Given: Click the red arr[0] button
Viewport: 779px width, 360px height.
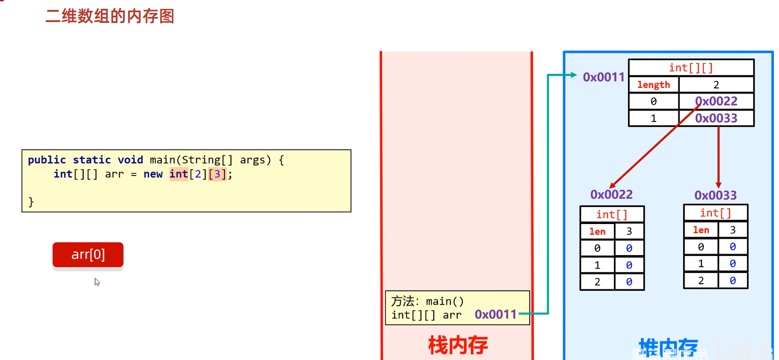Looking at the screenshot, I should (88, 255).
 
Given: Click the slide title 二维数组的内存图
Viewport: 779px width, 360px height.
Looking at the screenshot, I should (110, 16).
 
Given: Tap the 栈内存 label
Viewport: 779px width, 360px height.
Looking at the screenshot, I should (457, 345).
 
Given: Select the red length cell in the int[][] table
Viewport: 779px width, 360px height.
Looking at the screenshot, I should (653, 85).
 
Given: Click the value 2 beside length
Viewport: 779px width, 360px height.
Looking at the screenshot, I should (716, 85).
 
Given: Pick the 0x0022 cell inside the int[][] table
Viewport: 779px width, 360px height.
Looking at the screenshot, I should (716, 101).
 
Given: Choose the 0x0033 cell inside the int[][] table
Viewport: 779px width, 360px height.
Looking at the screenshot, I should (716, 118).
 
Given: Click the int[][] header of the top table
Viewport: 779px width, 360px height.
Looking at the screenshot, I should (691, 68).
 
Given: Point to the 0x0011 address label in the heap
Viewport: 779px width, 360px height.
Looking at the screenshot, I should (604, 77).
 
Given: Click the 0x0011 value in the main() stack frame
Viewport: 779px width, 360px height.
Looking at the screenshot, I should (495, 314).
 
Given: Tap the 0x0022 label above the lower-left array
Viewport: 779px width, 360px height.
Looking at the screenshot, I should (611, 194).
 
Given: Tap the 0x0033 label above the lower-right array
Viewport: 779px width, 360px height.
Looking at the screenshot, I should (715, 195).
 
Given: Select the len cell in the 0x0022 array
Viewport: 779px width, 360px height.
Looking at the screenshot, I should (597, 232).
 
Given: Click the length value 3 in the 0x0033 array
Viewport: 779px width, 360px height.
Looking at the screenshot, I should (732, 230).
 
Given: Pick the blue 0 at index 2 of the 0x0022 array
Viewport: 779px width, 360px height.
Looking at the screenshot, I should (629, 282).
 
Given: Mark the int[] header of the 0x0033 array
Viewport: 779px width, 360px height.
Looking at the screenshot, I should (715, 213).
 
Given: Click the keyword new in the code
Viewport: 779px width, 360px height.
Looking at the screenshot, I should (153, 174).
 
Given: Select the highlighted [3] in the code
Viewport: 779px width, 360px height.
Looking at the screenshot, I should (217, 174).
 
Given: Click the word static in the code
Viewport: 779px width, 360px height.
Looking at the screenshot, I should (92, 160).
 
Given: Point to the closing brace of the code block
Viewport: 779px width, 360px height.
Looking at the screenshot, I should (31, 202).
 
